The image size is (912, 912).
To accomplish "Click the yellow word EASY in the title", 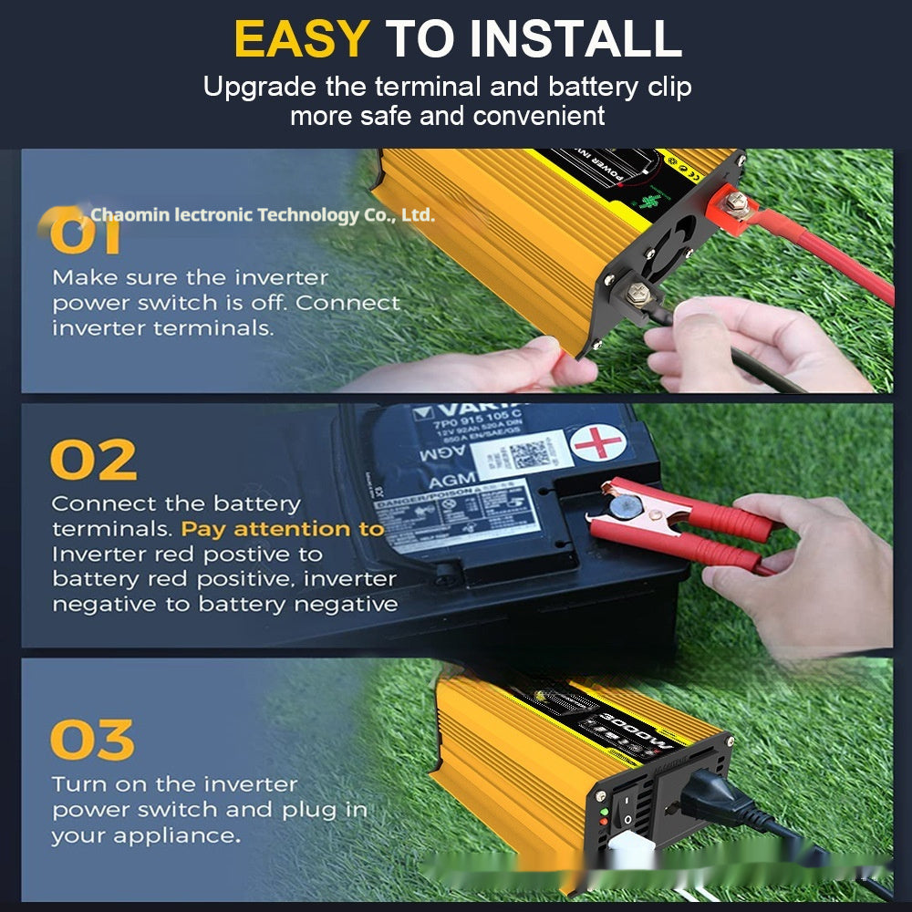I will point(301,38).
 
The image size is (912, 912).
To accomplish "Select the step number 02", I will point(93,461).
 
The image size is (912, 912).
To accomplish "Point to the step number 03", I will point(92,740).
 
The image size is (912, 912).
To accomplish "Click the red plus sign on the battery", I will point(597,444).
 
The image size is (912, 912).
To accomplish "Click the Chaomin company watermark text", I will point(263,215).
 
